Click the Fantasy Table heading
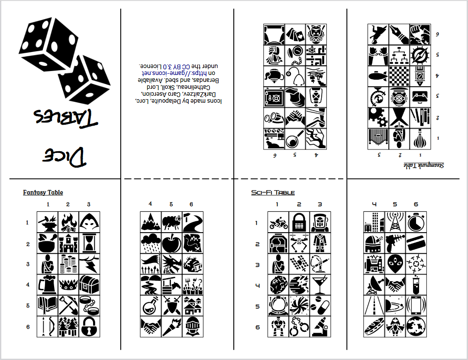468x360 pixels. pyautogui.click(x=43, y=192)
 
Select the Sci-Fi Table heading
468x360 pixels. pyautogui.click(x=273, y=193)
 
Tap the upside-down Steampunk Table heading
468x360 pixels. pyautogui.click(x=424, y=165)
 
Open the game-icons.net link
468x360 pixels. pyautogui.click(x=178, y=73)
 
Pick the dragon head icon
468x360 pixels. pyautogui.click(x=171, y=264)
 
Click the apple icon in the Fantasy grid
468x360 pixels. pyautogui.click(x=171, y=243)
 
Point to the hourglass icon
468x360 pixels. pyautogui.click(x=89, y=243)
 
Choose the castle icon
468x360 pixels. pyautogui.click(x=68, y=243)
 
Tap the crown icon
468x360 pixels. pyautogui.click(x=68, y=285)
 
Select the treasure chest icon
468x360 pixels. pyautogui.click(x=89, y=285)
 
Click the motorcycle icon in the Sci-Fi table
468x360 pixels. pyautogui.click(x=278, y=222)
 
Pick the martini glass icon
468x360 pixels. pyautogui.click(x=320, y=285)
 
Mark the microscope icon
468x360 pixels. pyautogui.click(x=320, y=327)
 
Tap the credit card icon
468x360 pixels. pyautogui.click(x=416, y=243)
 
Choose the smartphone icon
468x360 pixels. pyautogui.click(x=416, y=306)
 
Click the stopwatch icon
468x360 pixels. pyautogui.click(x=416, y=222)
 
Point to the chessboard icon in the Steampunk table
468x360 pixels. pyautogui.click(x=399, y=76)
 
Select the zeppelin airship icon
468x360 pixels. pyautogui.click(x=378, y=76)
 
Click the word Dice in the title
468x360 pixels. pyautogui.click(x=64, y=156)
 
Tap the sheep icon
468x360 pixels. pyautogui.click(x=171, y=222)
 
